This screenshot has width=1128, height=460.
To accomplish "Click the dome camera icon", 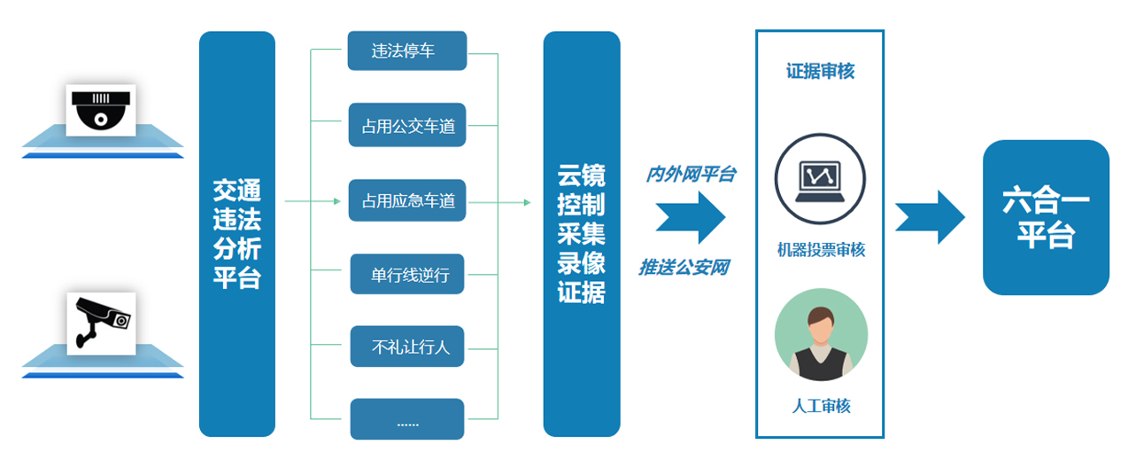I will tap(101, 110).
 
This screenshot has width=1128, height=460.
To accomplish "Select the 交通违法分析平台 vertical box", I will tap(236, 234).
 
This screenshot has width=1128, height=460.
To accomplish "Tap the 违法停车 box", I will tap(406, 51).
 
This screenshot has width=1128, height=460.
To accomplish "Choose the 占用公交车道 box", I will tap(407, 126).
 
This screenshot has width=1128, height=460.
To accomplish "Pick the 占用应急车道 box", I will tap(407, 200).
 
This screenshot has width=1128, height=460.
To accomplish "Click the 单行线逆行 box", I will tap(407, 275).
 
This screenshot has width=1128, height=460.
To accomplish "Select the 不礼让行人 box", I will tap(407, 347).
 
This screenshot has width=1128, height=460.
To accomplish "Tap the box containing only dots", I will tap(407, 419).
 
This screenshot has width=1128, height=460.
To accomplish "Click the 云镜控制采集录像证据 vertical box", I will tap(581, 234).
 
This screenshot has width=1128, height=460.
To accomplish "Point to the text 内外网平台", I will tap(690, 175).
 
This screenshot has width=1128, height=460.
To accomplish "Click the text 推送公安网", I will tap(684, 266).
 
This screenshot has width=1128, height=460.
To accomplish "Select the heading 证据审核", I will tap(820, 72).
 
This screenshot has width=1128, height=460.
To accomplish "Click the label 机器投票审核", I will tap(820, 250).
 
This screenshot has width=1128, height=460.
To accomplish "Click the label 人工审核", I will tap(820, 406).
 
